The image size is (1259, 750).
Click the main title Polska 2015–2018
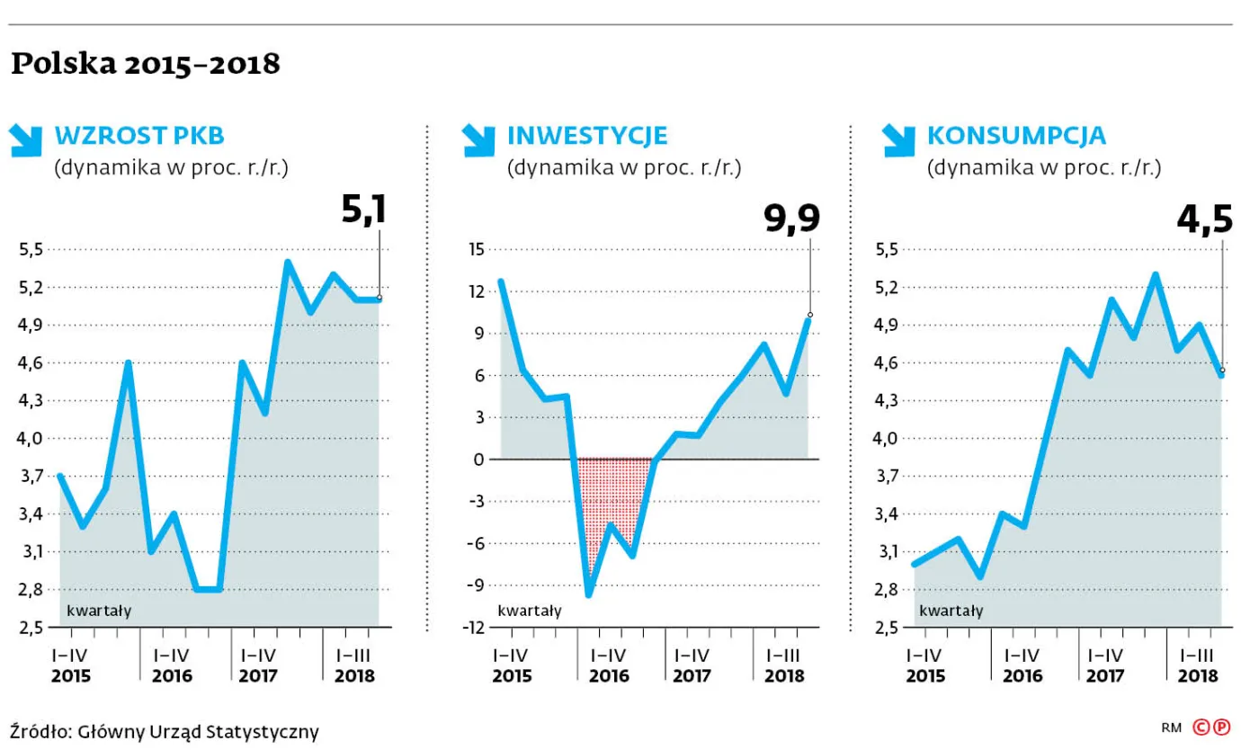[145, 65]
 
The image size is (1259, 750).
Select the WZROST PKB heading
[139, 136]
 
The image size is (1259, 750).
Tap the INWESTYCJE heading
[587, 136]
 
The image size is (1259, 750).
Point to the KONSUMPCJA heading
[1016, 136]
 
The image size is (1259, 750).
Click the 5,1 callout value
[364, 210]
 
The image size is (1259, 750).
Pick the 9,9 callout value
[792, 219]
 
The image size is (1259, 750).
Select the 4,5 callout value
[1204, 220]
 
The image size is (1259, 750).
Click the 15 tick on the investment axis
[475, 249]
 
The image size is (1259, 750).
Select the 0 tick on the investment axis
[478, 459]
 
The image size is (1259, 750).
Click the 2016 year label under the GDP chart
[172, 676]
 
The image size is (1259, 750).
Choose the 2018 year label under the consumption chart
[1197, 676]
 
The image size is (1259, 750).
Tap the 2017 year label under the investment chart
[691, 676]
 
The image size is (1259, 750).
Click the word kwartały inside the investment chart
[530, 611]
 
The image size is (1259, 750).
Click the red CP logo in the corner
[1210, 728]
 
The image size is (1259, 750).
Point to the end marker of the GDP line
[379, 298]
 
